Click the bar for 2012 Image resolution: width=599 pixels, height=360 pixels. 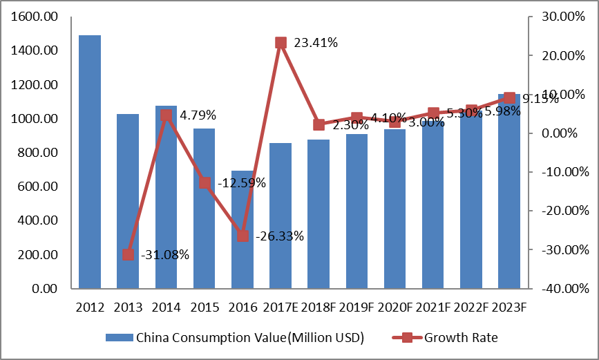pos(90,161)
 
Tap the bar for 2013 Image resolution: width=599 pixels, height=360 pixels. pos(128,200)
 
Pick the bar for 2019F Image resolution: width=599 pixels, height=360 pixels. pos(356,211)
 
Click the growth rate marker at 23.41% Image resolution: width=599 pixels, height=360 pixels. pos(281,43)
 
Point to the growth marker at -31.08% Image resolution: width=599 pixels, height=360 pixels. pos(128,254)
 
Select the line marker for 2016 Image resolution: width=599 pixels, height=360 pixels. pos(243,236)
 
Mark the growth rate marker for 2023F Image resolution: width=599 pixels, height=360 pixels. pos(509,97)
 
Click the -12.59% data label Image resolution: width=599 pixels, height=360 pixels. pos(241,183)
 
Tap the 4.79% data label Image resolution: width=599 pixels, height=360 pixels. pos(198,115)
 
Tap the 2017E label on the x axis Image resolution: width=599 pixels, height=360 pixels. pos(281,306)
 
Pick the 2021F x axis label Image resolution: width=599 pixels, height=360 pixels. pos(433,306)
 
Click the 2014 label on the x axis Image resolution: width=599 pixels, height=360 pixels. pos(166,306)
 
